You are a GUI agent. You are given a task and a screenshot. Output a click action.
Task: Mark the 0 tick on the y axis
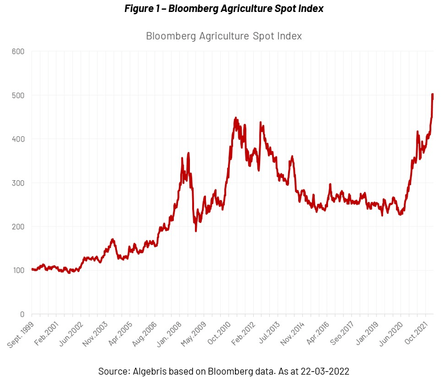tap(21, 314)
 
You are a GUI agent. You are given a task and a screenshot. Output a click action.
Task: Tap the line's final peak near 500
tap(432, 95)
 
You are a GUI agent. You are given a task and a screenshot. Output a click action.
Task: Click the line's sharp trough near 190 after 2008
tap(196, 230)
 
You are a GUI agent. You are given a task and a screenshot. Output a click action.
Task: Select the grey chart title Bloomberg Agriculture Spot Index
tap(224, 36)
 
